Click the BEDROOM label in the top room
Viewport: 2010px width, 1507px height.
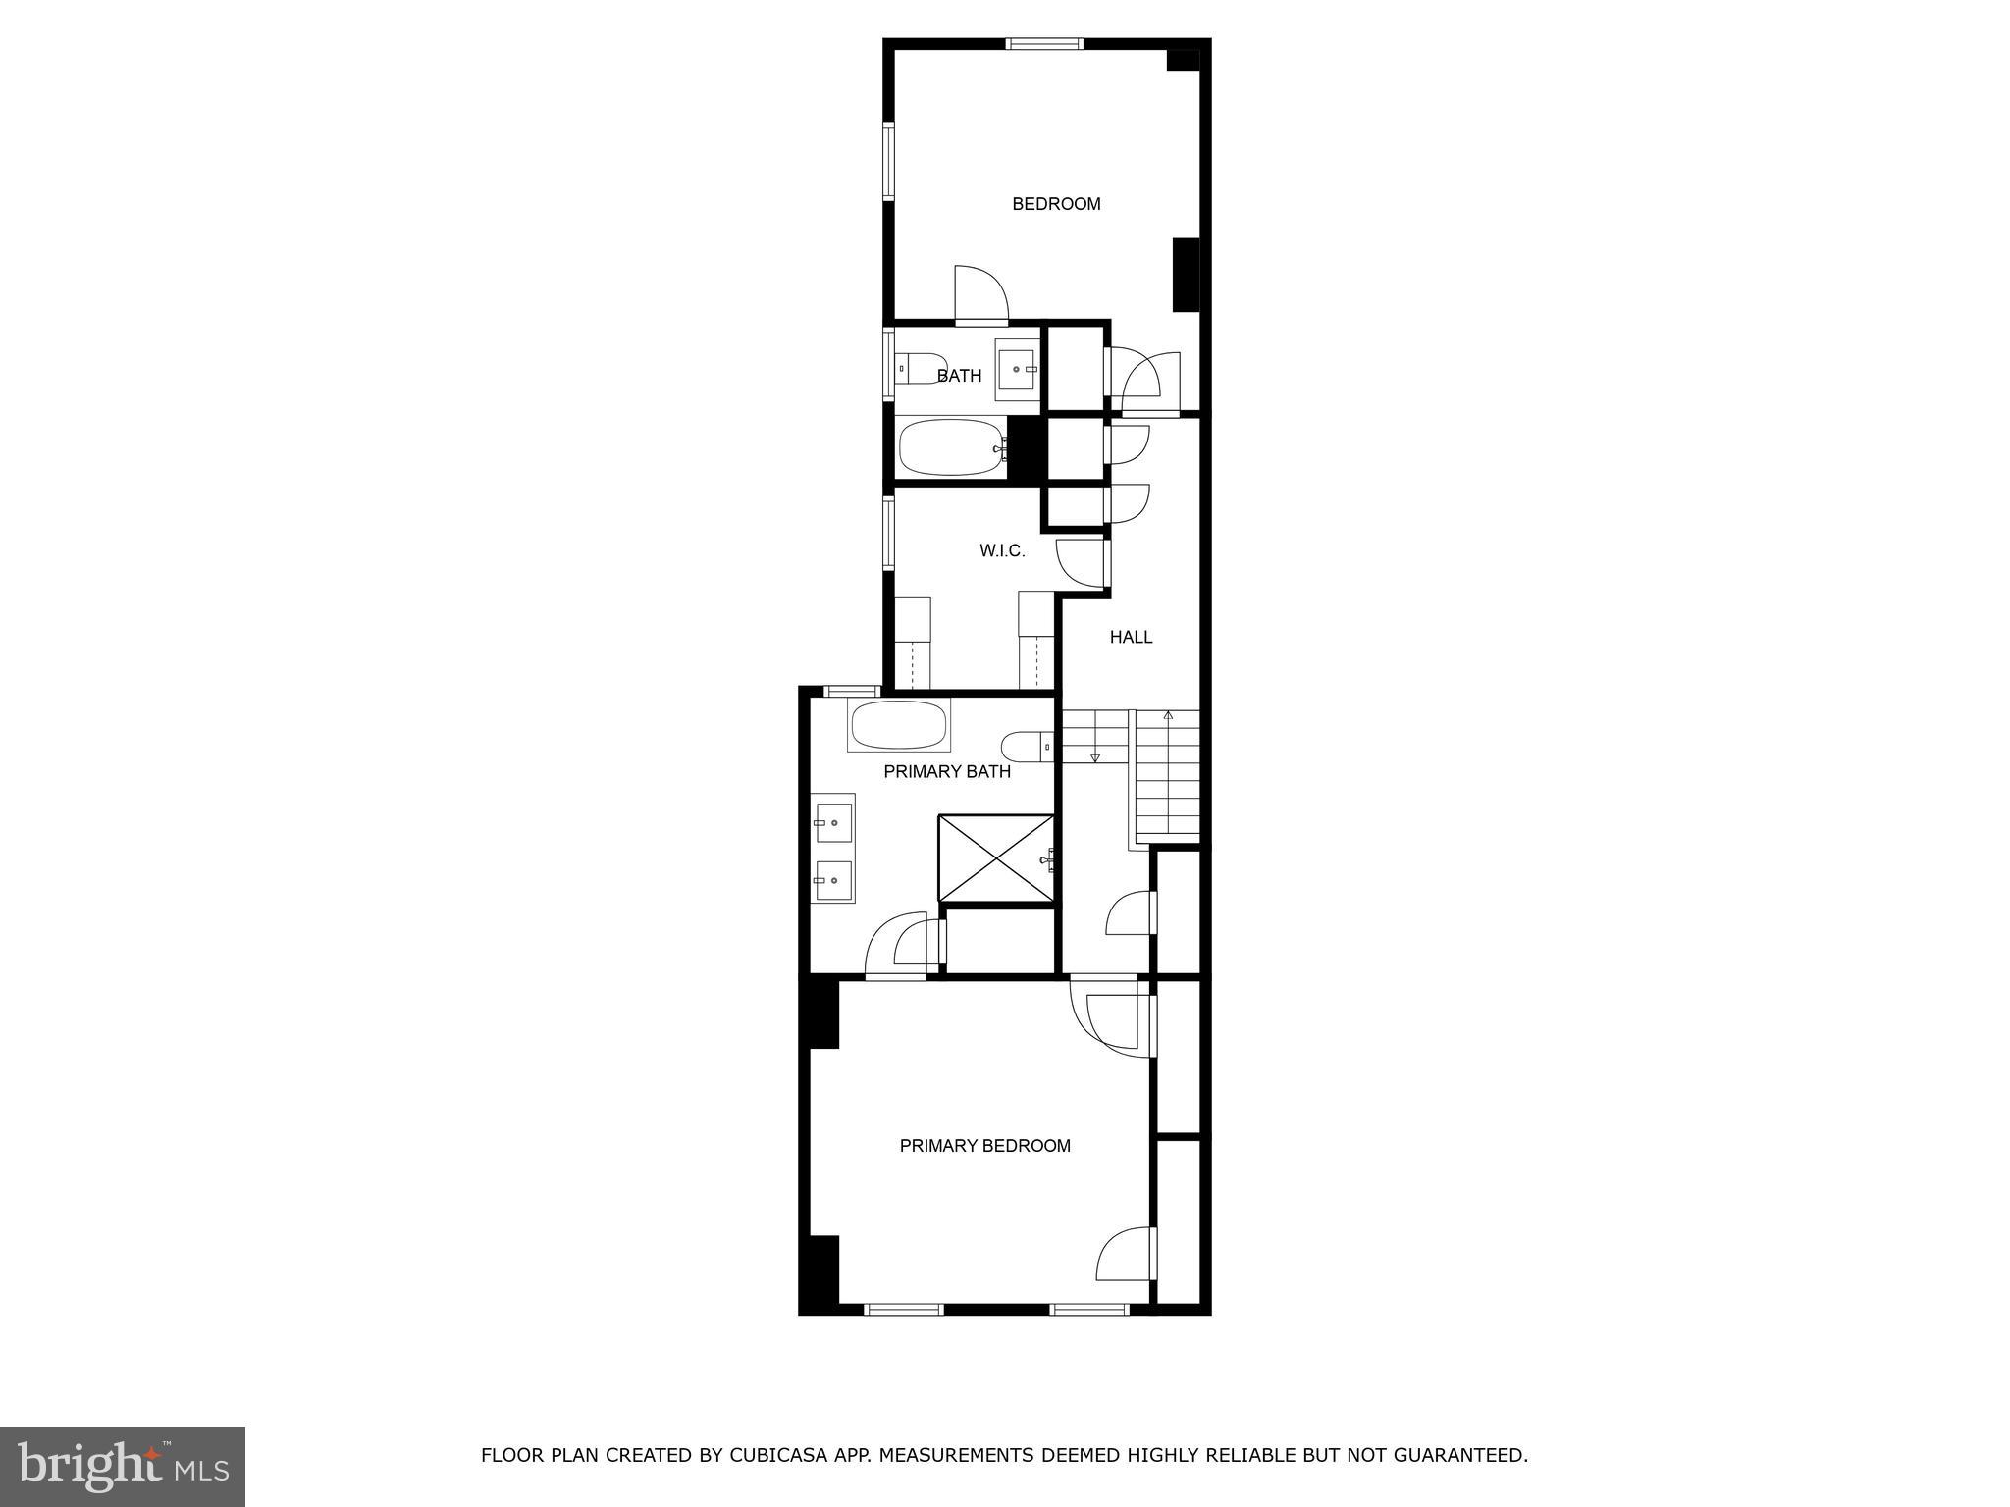pos(1056,204)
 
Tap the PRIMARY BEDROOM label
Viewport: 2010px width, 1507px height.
pos(984,1145)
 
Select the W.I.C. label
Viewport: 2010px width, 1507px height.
pos(1002,551)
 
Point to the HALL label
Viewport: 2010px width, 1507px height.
pos(1131,637)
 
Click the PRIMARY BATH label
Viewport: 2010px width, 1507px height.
pos(947,772)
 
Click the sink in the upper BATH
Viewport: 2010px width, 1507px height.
pos(1017,369)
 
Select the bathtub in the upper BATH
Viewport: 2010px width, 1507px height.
pos(951,447)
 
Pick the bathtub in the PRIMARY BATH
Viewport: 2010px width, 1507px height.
pos(898,726)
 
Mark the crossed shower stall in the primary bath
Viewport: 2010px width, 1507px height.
pos(996,857)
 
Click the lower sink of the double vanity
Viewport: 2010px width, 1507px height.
pos(834,880)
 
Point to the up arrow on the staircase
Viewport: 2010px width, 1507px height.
pos(1168,716)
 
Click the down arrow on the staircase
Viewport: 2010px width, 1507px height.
pos(1095,756)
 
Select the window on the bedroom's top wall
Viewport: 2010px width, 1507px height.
pos(1044,43)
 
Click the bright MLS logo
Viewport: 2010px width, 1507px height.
pos(123,1466)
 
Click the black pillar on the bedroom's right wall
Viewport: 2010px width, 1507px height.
pos(1186,275)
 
